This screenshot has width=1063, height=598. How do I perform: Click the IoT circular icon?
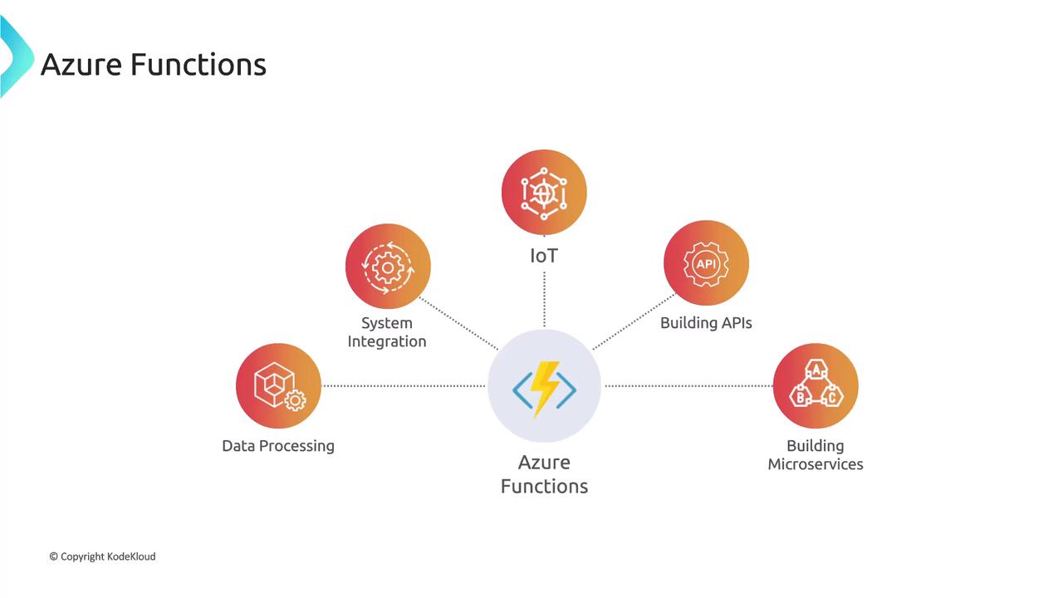pyautogui.click(x=544, y=192)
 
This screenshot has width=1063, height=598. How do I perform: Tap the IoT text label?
pyautogui.click(x=544, y=256)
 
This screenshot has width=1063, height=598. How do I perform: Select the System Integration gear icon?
pyautogui.click(x=388, y=267)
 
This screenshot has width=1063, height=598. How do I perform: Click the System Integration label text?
pyautogui.click(x=387, y=332)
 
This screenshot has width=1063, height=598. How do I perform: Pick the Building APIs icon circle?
pyautogui.click(x=706, y=263)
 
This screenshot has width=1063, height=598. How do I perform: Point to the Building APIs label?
pyautogui.click(x=706, y=323)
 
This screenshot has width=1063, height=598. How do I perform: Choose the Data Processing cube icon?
pyautogui.click(x=278, y=385)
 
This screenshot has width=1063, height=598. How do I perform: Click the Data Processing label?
pyautogui.click(x=278, y=446)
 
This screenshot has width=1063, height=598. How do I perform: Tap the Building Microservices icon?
pyautogui.click(x=816, y=386)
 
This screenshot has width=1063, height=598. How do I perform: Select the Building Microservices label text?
pyautogui.click(x=816, y=455)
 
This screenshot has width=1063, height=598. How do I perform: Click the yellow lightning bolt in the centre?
pyautogui.click(x=544, y=387)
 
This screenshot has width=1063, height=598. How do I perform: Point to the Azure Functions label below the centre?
pyautogui.click(x=544, y=474)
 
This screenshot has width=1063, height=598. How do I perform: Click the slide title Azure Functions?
pyautogui.click(x=154, y=64)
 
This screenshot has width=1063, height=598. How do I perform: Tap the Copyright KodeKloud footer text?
pyautogui.click(x=102, y=556)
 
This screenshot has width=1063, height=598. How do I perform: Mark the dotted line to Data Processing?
pyautogui.click(x=404, y=385)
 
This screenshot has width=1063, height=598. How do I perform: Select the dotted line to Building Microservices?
pyautogui.click(x=688, y=385)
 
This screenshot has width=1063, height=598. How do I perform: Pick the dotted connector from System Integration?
pyautogui.click(x=458, y=323)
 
